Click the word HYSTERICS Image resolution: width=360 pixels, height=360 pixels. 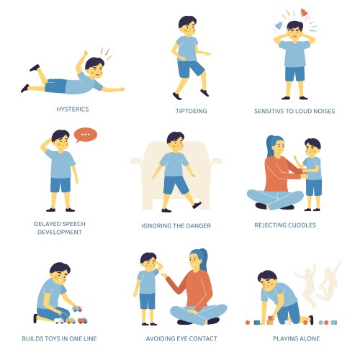pyautogui.click(x=73, y=110)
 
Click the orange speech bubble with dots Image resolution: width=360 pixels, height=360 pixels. pyautogui.click(x=86, y=135)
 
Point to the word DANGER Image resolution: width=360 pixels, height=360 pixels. pyautogui.click(x=202, y=225)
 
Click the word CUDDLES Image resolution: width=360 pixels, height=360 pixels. pyautogui.click(x=304, y=225)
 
